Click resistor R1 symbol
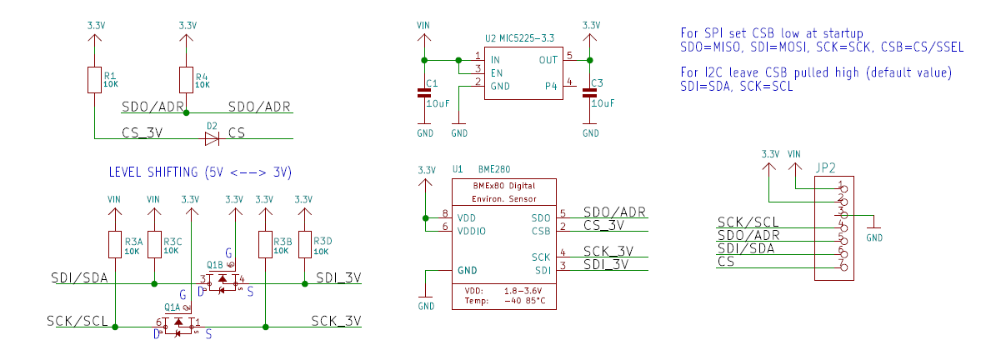pyautogui.click(x=94, y=81)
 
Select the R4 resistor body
pyautogui.click(x=186, y=81)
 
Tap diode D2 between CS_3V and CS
pyautogui.click(x=212, y=137)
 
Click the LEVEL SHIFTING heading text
pyautogui.click(x=200, y=172)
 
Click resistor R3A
pyautogui.click(x=116, y=245)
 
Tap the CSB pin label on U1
pyautogui.click(x=541, y=230)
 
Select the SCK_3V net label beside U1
pyautogui.click(x=608, y=251)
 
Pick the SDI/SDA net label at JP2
pyautogui.click(x=745, y=248)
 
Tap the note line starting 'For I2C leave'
pyautogui.click(x=816, y=72)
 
